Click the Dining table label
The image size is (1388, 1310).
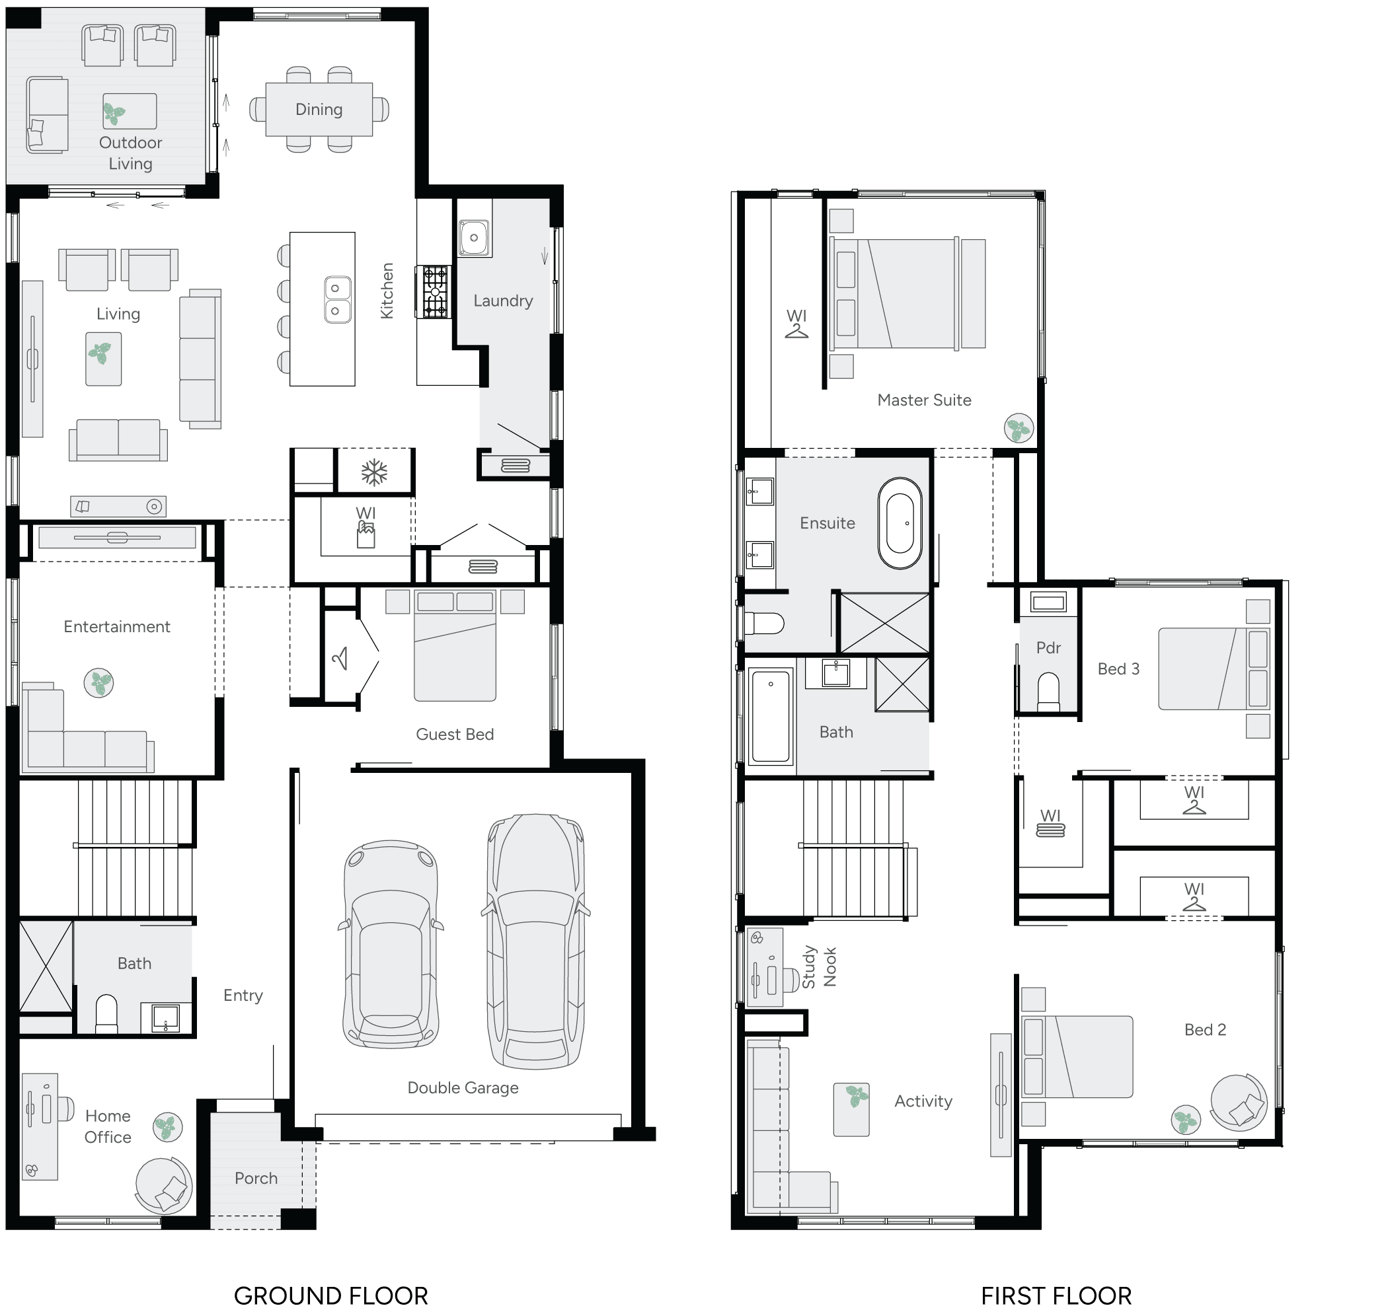click(319, 110)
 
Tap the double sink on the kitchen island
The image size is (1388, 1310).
click(336, 299)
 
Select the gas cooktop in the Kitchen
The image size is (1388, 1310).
click(434, 292)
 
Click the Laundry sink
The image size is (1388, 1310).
click(474, 237)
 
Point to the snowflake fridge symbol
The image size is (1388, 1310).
click(374, 473)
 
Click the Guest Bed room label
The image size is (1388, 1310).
click(455, 734)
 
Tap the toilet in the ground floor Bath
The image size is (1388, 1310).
click(106, 1013)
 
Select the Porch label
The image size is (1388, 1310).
click(256, 1178)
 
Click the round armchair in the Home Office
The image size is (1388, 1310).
click(163, 1185)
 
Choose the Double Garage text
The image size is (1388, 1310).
click(463, 1087)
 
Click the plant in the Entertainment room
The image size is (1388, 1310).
click(98, 682)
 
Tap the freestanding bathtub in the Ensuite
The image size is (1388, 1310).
click(900, 523)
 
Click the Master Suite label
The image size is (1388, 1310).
click(923, 400)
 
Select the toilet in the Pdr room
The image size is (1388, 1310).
click(1048, 690)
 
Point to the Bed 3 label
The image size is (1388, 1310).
click(1118, 669)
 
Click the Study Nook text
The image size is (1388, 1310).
click(819, 967)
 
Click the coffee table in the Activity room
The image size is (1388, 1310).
click(851, 1110)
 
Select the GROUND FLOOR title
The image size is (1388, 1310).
click(330, 1295)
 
